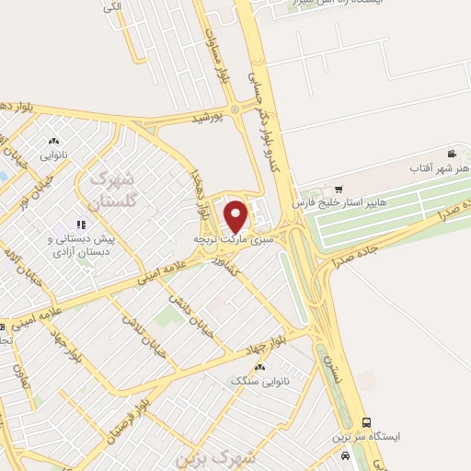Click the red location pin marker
tap(236, 215)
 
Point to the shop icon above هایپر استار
tap(339, 188)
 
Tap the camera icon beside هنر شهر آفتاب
tap(452, 154)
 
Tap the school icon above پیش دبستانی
tap(81, 224)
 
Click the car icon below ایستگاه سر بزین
tap(344, 455)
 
